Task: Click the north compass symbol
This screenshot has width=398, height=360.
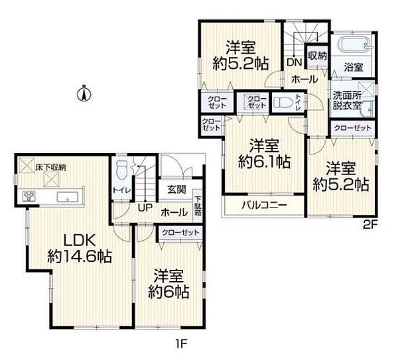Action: click(84, 93)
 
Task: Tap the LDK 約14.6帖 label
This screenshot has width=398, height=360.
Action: click(80, 248)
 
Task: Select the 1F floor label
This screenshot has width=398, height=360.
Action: click(180, 344)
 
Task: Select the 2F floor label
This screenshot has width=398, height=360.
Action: click(370, 225)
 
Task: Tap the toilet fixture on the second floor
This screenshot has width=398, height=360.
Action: click(283, 103)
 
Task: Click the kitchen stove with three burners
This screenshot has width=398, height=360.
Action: click(29, 196)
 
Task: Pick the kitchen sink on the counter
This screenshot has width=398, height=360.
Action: click(68, 197)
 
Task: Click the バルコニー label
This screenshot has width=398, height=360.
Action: click(264, 204)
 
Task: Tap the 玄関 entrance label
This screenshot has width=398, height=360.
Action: click(176, 189)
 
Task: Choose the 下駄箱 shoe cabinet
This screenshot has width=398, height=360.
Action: click(198, 206)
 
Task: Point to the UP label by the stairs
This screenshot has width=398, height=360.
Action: click(145, 208)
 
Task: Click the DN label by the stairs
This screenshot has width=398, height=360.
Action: click(294, 62)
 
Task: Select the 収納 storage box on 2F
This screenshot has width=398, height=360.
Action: click(317, 56)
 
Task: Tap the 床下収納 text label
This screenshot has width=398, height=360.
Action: click(50, 168)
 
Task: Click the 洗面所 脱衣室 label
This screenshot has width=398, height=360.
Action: click(347, 101)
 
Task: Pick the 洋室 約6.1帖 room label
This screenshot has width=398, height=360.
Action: click(264, 154)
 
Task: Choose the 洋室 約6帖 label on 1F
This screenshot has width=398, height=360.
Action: click(168, 284)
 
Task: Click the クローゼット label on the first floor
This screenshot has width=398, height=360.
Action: click(180, 233)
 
